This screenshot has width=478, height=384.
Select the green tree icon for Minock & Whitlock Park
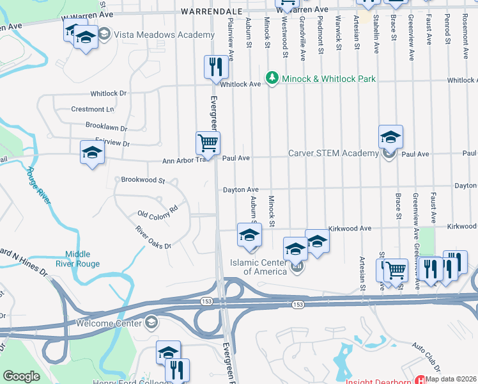(273, 78)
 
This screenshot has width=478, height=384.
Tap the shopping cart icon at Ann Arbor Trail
(208, 143)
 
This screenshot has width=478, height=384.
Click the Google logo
(21, 376)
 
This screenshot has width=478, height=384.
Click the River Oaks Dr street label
(153, 237)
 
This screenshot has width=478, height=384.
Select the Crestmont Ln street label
(93, 109)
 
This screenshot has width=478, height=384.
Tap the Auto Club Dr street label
(426, 357)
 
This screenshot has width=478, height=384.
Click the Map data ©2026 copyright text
(451, 379)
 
